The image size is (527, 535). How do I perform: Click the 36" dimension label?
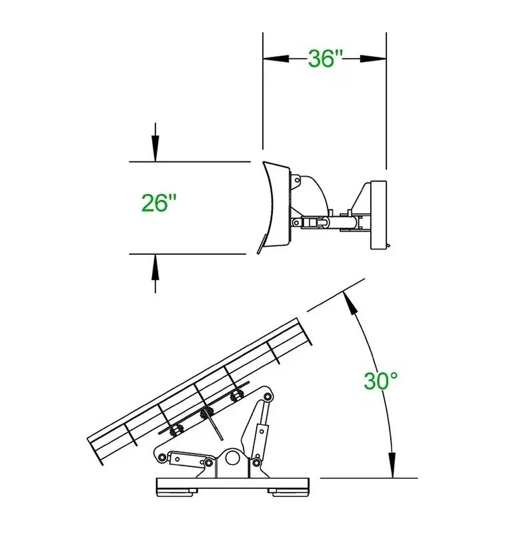pos(325,58)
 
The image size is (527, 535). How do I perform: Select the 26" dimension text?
pos(159,203)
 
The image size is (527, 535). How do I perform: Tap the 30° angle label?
pos(380,381)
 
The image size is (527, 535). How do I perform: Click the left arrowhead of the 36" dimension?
pos(276,59)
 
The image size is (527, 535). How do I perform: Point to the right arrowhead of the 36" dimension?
pos(373,59)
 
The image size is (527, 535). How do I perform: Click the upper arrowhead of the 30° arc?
pos(350,302)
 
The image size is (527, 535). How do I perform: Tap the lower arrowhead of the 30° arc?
pos(392,465)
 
